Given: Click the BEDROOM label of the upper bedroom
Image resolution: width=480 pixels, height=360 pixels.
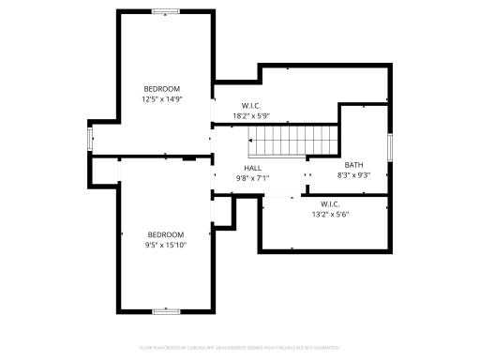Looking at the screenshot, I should pos(161,89).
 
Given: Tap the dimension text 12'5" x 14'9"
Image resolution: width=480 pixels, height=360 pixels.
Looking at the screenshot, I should pos(161,98).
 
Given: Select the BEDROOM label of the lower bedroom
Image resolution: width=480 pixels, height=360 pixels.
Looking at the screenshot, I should pos(166,234).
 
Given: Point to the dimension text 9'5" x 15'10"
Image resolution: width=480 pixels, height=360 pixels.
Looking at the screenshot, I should pos(166,245).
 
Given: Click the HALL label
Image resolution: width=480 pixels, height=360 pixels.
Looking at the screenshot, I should pos(252,167).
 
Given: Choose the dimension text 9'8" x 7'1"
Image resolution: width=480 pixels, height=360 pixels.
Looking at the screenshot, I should pos(252,177).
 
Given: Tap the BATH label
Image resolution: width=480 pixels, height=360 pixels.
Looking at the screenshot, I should pos(353,165).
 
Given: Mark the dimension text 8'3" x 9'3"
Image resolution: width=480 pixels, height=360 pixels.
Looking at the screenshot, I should pos(353,175).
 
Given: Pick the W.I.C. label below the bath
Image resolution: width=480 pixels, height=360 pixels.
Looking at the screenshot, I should pos(329,203).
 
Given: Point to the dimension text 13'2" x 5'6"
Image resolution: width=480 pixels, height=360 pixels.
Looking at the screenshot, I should pos(329,214).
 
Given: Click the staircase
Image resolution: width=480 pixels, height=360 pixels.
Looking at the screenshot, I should pos(290,143).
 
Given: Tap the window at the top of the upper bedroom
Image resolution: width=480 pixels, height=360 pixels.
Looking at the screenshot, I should pos(166,11).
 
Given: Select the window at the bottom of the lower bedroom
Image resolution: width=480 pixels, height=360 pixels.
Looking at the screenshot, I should pos(166,310).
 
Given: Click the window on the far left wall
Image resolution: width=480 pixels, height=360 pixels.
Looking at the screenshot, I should pos(90,141).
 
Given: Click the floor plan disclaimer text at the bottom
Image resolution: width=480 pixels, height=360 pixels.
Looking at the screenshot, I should pos(240,347).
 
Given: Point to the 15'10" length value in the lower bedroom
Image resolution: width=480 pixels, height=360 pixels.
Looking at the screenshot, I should pos(177,245).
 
